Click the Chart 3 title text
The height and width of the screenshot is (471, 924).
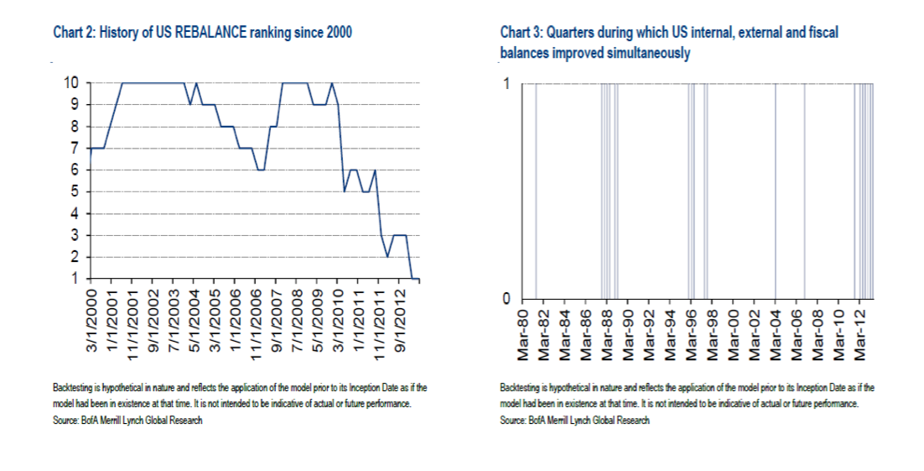pos(668,33)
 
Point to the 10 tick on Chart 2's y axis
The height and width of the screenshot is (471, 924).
pos(72,83)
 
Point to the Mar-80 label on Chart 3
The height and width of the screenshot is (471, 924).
pos(523,333)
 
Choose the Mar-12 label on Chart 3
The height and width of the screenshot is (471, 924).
pos(858,333)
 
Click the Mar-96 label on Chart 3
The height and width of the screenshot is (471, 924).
pos(691,333)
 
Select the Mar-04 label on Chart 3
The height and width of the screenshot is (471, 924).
pos(775,333)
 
